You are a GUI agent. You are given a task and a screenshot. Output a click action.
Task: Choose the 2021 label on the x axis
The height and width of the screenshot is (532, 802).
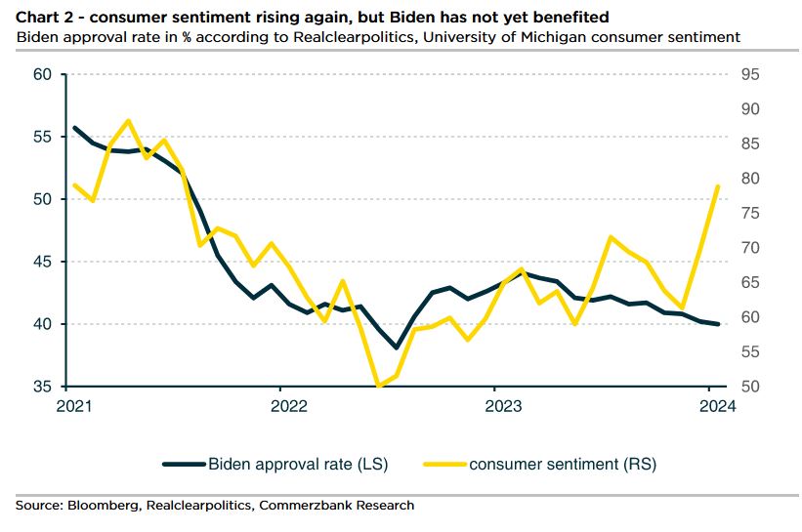(75, 405)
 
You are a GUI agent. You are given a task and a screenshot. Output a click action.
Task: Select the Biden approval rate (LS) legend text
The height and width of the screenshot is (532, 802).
(298, 464)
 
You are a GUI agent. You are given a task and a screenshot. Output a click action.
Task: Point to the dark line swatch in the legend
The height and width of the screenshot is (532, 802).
(183, 464)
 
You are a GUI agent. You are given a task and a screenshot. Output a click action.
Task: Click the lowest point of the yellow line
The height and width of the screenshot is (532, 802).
(378, 387)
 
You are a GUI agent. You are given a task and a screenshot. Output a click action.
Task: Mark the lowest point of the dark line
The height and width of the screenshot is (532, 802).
(397, 348)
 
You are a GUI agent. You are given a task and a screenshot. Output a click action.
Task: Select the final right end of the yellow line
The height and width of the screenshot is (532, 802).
(718, 186)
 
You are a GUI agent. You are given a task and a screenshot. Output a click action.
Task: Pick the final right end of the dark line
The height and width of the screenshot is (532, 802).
(718, 324)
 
